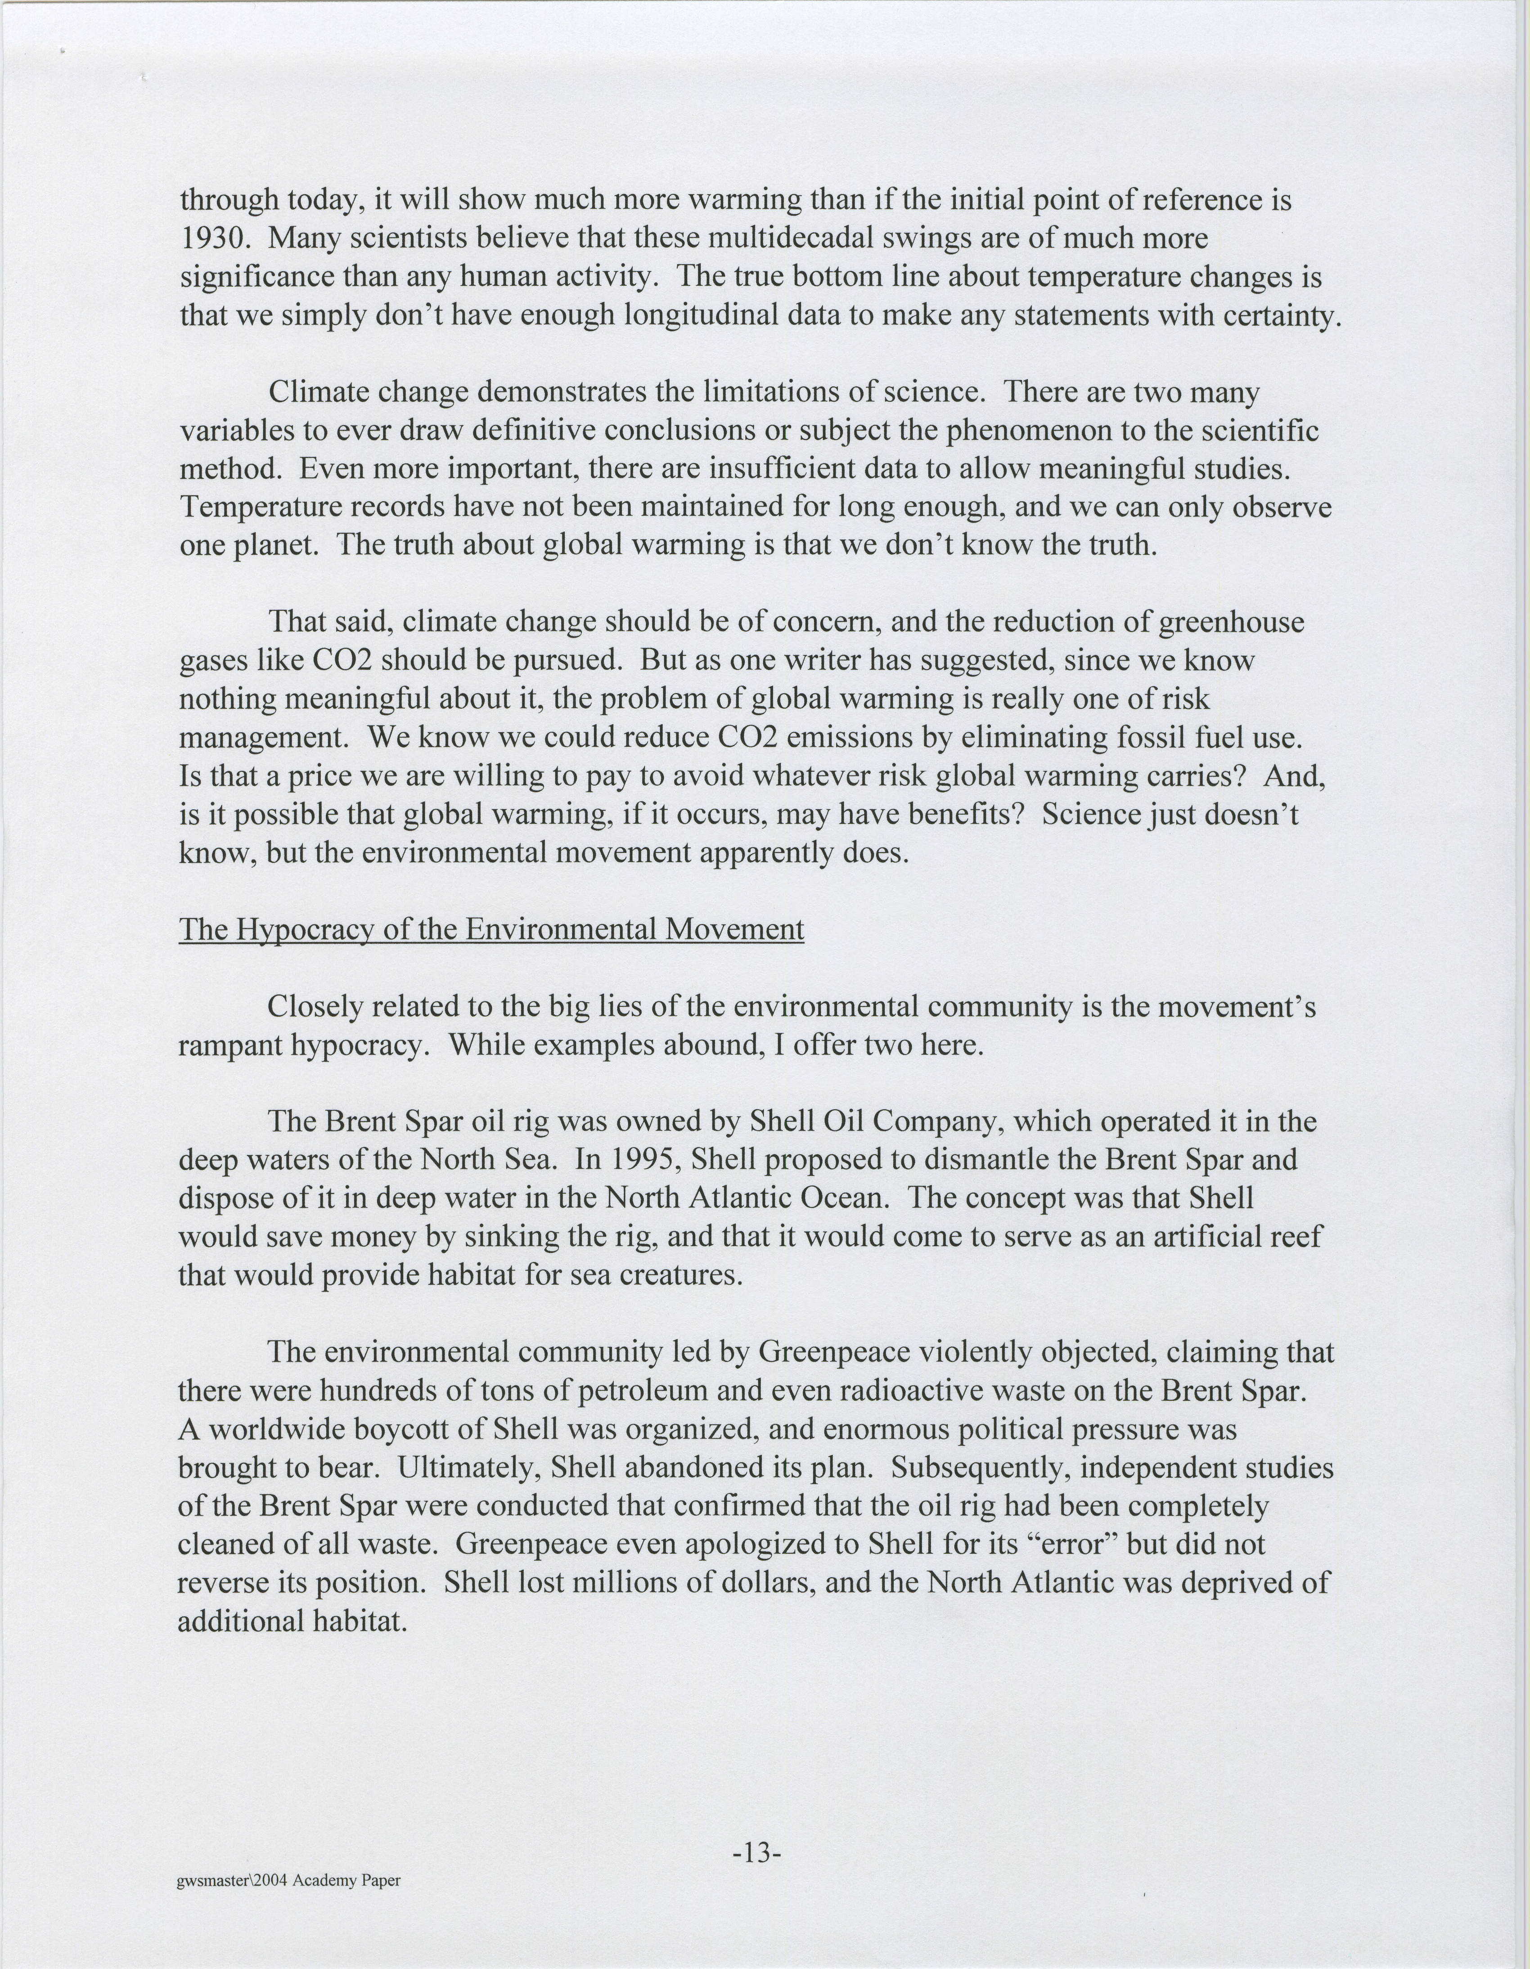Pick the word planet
(274, 545)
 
